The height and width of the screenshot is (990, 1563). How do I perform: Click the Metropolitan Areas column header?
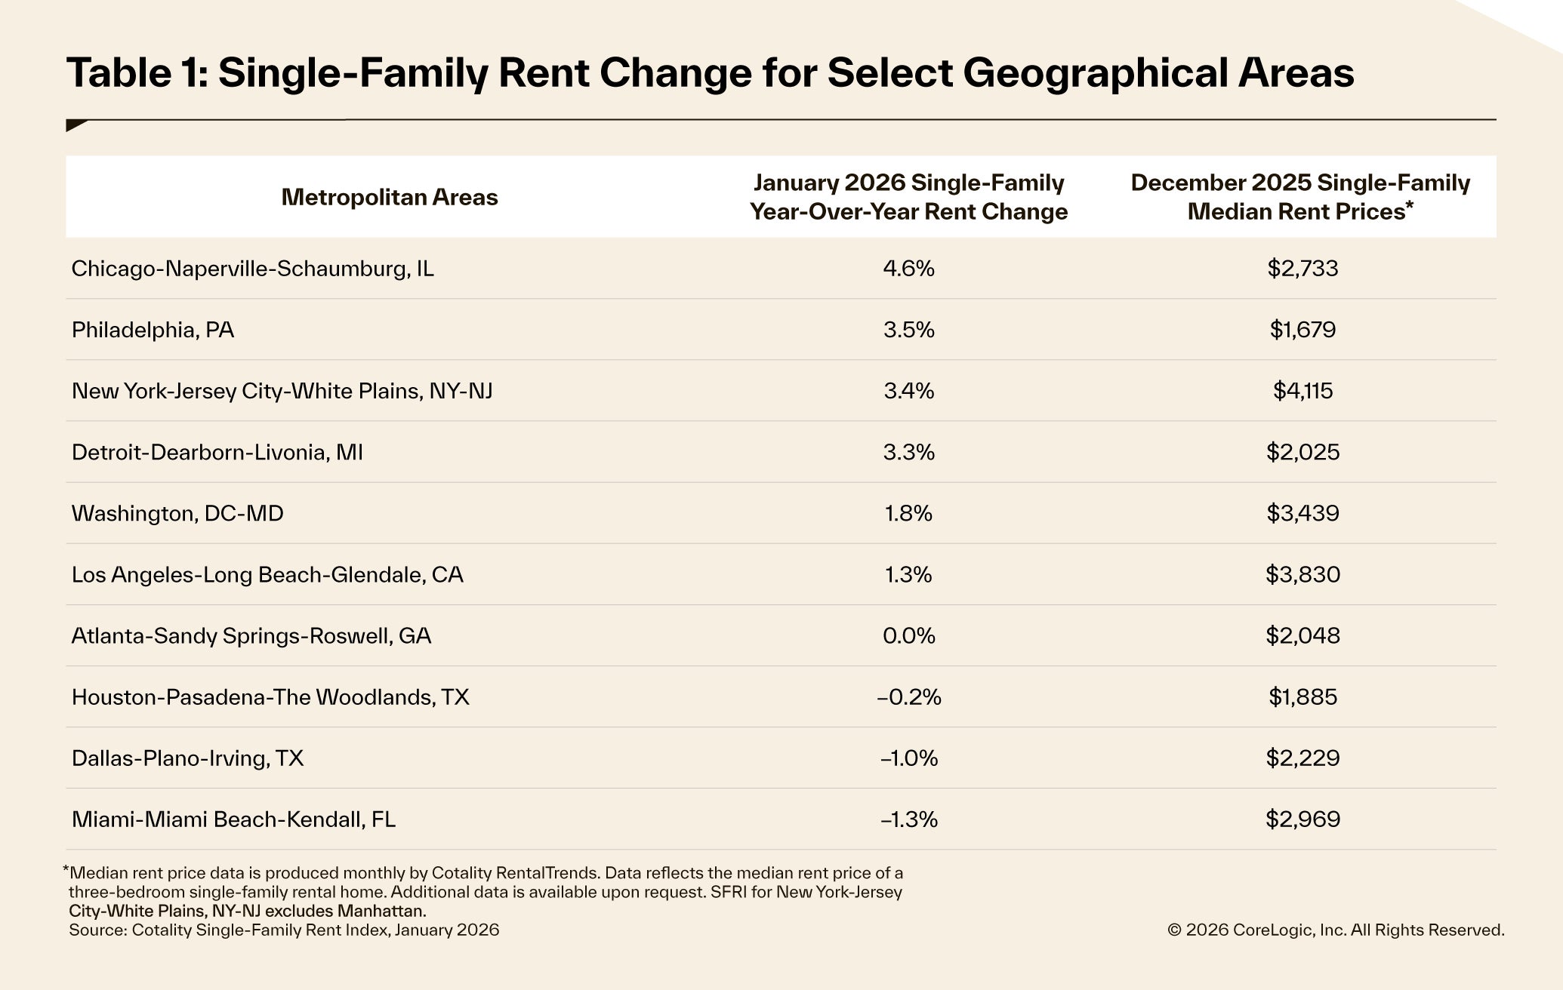click(390, 197)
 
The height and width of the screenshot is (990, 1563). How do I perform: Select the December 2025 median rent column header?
click(1300, 197)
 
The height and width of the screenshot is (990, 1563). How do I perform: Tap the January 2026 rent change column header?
click(908, 197)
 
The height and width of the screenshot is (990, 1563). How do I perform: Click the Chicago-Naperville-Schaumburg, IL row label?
click(252, 269)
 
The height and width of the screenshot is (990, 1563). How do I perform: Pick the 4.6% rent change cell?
click(908, 269)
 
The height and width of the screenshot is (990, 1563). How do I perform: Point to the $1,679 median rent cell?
click(1302, 330)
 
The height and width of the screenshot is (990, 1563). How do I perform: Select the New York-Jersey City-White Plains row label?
click(282, 391)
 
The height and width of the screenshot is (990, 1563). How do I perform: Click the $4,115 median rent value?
click(1302, 391)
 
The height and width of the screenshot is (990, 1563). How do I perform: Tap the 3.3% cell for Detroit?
click(908, 452)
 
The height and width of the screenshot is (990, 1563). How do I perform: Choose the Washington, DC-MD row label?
click(177, 513)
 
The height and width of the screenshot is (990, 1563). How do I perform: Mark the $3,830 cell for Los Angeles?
click(1302, 574)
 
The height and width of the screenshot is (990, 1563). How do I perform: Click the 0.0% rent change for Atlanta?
click(908, 635)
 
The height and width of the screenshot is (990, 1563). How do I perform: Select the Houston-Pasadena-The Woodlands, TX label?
click(270, 696)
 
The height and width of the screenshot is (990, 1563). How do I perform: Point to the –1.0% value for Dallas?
click(908, 758)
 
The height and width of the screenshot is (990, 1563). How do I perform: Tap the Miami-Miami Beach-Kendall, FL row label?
click(233, 819)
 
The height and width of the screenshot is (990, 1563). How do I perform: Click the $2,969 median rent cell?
click(1302, 819)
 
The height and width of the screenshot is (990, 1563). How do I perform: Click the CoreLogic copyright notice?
click(1335, 930)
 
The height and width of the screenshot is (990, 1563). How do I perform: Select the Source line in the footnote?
click(284, 930)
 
